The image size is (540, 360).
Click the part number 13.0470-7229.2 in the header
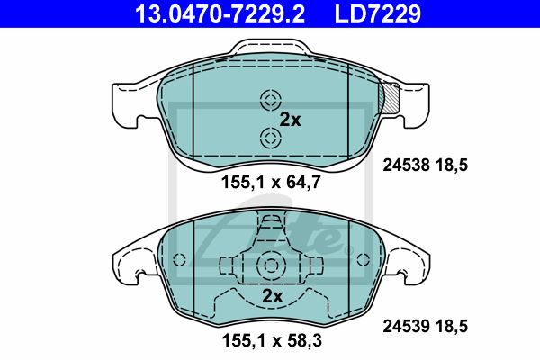click(x=220, y=13)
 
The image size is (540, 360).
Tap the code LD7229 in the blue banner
click(x=378, y=13)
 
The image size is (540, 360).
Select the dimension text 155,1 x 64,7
click(x=271, y=182)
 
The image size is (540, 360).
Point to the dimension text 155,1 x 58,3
click(x=272, y=341)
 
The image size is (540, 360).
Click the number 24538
click(x=407, y=166)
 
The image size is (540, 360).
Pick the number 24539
click(x=407, y=326)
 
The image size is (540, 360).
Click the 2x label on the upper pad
click(x=290, y=120)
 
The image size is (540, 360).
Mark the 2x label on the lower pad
click(x=273, y=296)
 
